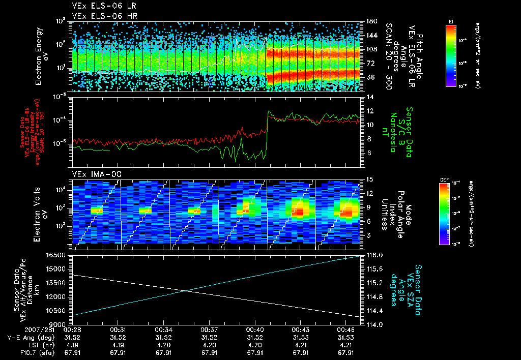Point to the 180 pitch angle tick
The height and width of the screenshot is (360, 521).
click(370, 21)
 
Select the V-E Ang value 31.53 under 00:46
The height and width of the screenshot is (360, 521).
click(346, 337)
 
